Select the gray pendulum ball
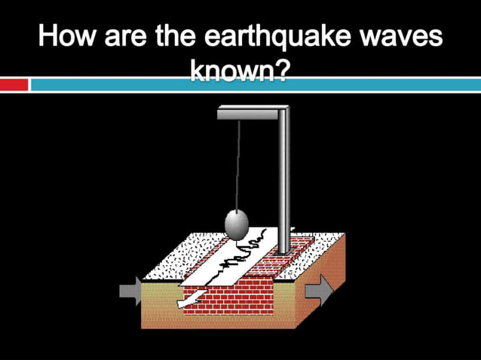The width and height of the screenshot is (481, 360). (237, 224)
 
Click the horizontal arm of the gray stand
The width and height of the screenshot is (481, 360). (249, 114)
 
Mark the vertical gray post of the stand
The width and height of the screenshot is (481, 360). (283, 181)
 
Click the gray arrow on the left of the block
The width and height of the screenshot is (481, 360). (130, 291)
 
